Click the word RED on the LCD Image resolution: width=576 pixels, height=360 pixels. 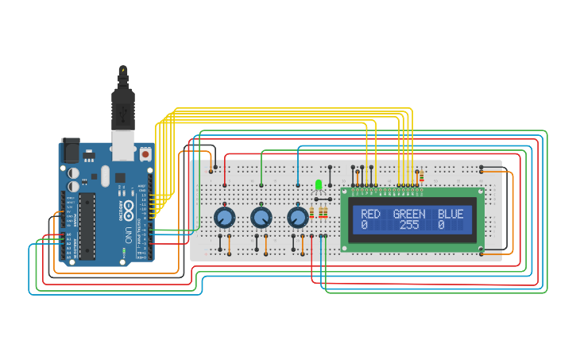pos(370,215)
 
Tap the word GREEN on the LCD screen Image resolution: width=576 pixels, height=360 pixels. pos(409,215)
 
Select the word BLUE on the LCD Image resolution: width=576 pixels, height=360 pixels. pos(450,215)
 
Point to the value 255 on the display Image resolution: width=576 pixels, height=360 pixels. pos(409,226)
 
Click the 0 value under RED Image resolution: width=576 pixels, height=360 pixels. pos(364,226)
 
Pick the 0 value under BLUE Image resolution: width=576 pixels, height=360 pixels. pos(441,226)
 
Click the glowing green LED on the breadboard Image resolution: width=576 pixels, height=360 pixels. pos(319,185)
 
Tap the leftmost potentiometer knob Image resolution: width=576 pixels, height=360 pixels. pos(225,217)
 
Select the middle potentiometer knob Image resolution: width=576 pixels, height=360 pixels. pos(261,217)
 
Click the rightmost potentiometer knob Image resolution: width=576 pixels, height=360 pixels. pos(298,217)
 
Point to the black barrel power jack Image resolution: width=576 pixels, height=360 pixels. pos(71,149)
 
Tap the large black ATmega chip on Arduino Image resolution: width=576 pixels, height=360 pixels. pos(87,226)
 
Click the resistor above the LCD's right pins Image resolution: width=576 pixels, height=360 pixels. pos(421,176)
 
